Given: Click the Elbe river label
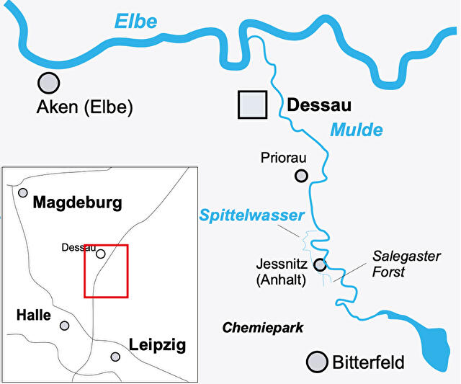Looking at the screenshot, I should (135, 22).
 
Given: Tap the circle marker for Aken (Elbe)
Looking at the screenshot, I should (48, 83).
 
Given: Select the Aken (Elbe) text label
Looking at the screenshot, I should (84, 108).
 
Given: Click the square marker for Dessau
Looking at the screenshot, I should (253, 104).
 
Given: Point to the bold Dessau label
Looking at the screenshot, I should (319, 106).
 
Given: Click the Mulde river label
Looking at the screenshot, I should (356, 130).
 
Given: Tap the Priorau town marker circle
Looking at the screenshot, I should (301, 175).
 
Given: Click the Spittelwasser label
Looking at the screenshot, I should (252, 215).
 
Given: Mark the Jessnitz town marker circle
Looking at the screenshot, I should (320, 265).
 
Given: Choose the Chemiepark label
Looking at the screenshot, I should (263, 328).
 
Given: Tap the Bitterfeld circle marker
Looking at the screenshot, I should (315, 362).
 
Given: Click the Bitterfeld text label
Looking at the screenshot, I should (368, 362).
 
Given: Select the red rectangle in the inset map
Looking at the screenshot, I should (106, 271).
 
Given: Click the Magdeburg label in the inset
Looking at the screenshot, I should (78, 202).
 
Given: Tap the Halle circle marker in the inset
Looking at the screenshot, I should (65, 326).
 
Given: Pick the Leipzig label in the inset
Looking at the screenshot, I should (157, 345).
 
